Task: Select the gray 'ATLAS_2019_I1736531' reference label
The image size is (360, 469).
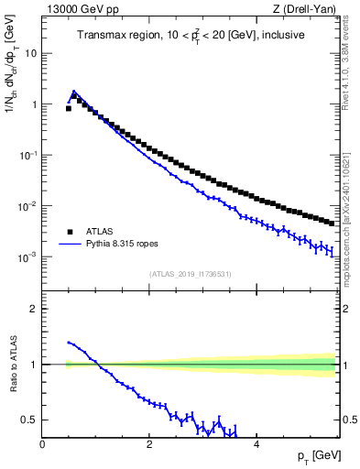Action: point(190,273)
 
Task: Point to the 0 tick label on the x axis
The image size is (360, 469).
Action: point(42,444)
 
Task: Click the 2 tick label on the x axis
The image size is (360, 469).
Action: point(148,444)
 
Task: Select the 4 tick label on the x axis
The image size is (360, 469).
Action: point(256,444)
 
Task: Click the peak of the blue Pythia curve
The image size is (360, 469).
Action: point(73,92)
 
